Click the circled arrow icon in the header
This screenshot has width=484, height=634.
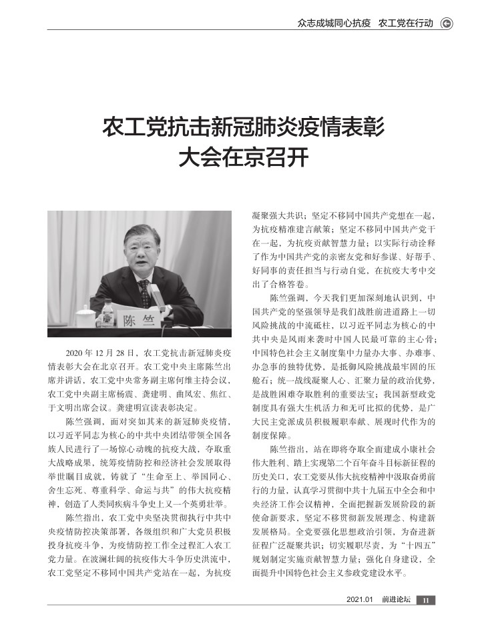[x=447, y=23]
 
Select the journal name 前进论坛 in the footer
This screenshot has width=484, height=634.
[x=396, y=619]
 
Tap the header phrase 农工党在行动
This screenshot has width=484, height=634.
[x=405, y=23]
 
